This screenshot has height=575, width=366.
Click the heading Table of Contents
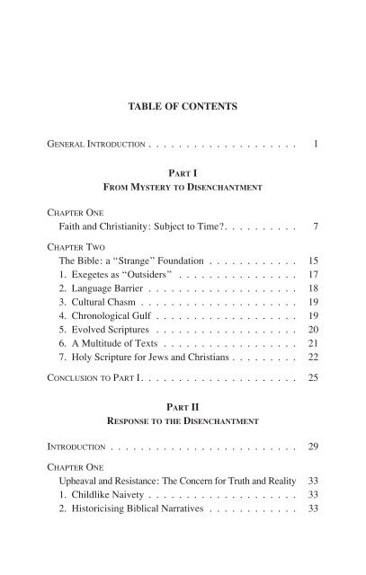[x=183, y=108]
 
